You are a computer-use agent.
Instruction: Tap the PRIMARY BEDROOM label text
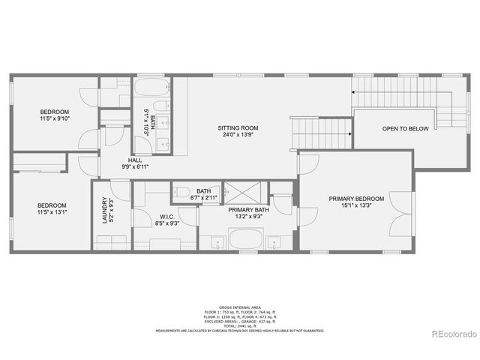(356, 199)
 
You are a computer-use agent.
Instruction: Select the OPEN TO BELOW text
(406, 129)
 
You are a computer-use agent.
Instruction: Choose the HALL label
(135, 160)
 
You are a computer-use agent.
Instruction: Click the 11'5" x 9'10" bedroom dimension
(54, 118)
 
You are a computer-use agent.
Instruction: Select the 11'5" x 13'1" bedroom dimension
(52, 212)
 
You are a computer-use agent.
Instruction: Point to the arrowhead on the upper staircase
(352, 93)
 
